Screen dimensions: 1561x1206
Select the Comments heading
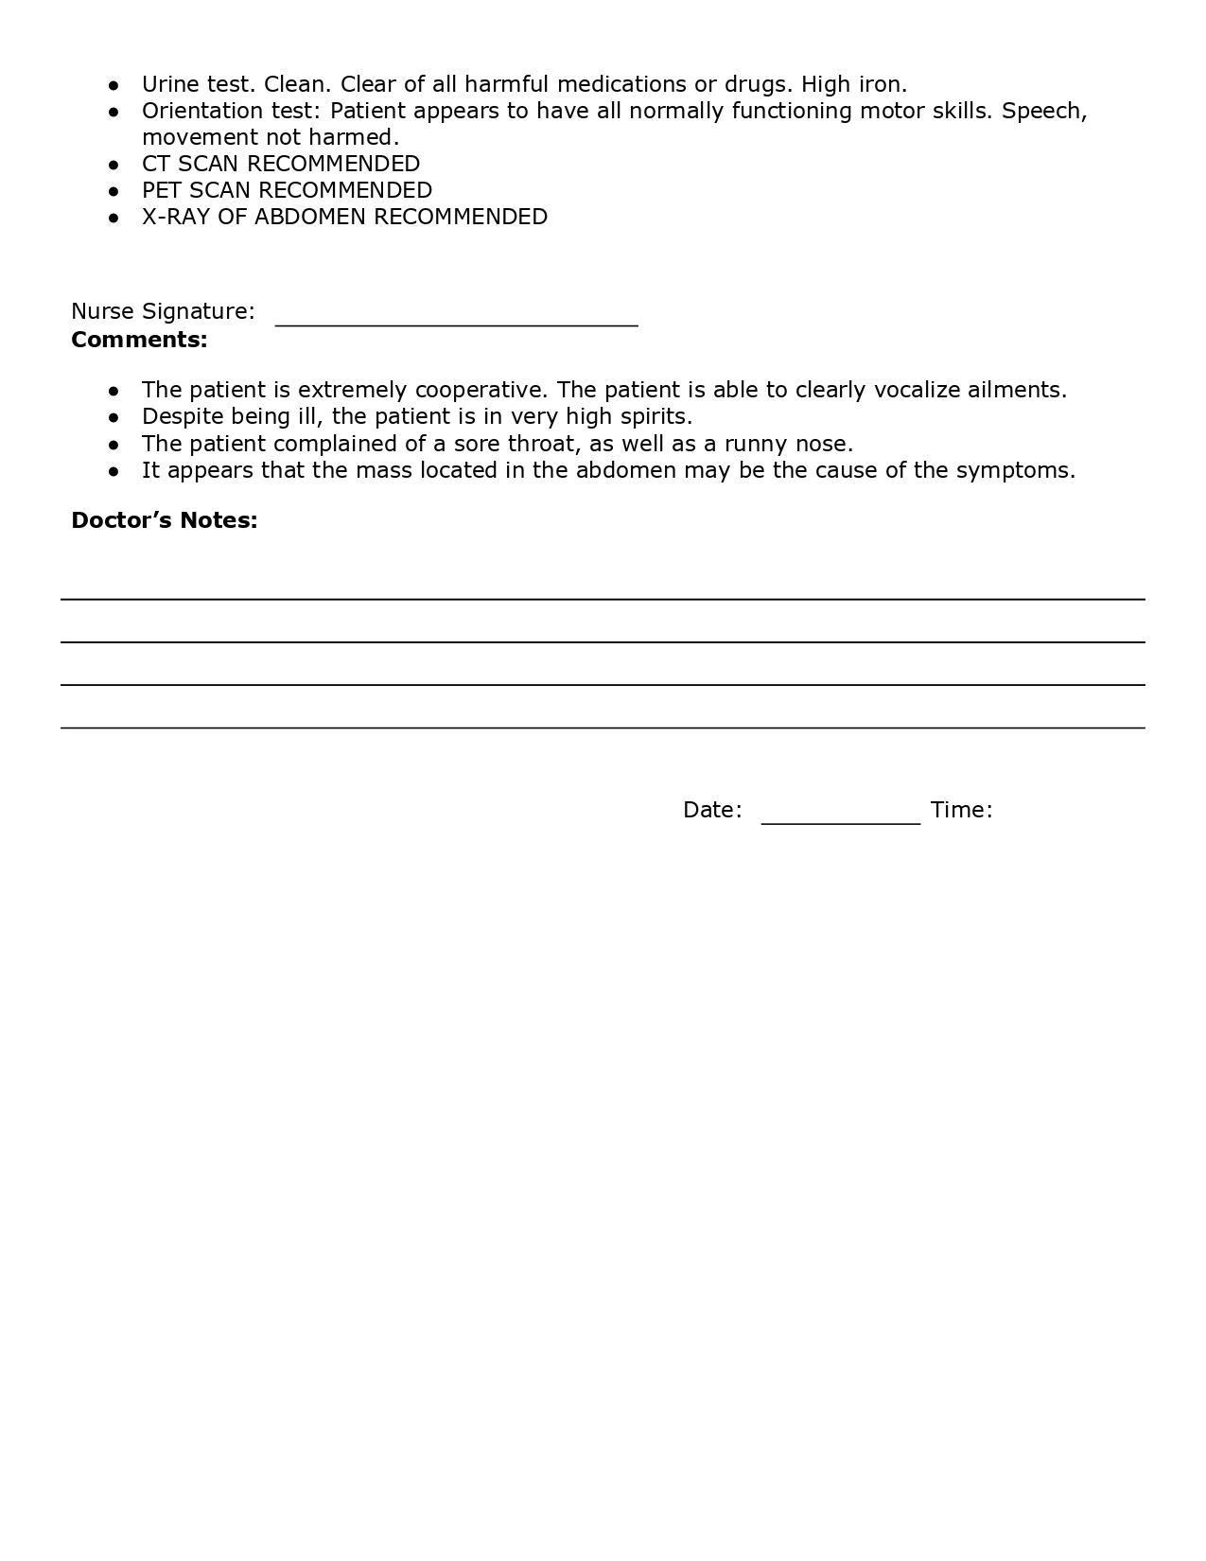139,340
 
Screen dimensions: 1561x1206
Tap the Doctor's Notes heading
164,520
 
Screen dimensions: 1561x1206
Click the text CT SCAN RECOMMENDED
281,164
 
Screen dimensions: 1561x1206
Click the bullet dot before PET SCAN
114,191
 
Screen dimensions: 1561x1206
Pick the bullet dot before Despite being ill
114,417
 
